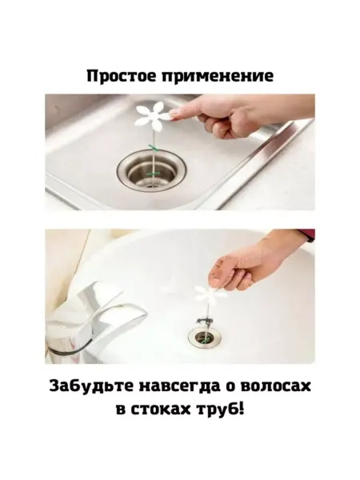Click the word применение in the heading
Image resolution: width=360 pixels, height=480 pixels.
point(218,77)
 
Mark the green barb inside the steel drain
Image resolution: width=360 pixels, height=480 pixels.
point(153,174)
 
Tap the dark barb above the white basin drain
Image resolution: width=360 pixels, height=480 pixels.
point(203,322)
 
